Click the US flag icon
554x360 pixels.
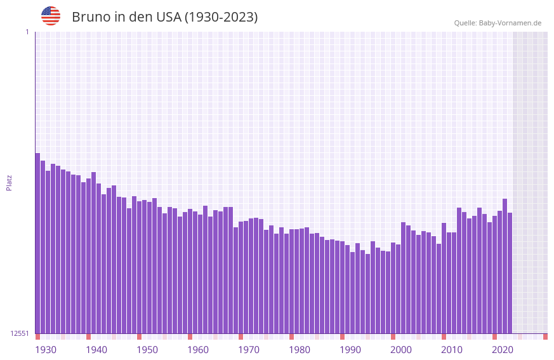click(x=51, y=16)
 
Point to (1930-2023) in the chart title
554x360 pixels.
click(x=221, y=17)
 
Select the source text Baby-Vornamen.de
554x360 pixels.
click(x=510, y=23)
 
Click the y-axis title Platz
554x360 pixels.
click(x=9, y=182)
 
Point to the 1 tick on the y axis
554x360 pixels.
click(x=27, y=32)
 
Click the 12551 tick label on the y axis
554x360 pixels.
click(x=20, y=333)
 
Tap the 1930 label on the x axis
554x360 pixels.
click(x=46, y=350)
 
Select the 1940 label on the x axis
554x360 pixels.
click(x=96, y=350)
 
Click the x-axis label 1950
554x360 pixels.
click(x=147, y=350)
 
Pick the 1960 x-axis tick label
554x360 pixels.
click(x=198, y=350)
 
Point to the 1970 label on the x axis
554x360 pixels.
click(x=249, y=350)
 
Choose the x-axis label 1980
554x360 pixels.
click(x=300, y=350)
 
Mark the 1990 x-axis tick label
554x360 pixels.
click(x=350, y=350)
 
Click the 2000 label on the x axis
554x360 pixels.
click(x=401, y=350)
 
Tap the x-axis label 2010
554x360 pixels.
click(x=452, y=350)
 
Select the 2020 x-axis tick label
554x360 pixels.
click(x=503, y=350)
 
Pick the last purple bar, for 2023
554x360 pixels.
click(x=510, y=273)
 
